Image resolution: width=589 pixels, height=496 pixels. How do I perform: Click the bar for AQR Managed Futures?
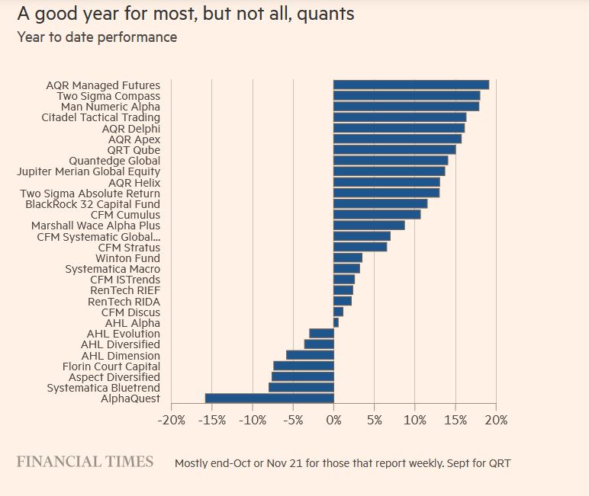point(410,85)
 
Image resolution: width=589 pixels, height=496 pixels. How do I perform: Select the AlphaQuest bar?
point(269,398)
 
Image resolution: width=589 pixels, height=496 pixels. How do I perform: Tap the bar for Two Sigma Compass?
point(407,96)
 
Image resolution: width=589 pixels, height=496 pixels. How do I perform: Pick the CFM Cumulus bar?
point(377,215)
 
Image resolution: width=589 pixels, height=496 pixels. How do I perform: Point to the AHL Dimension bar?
point(310,355)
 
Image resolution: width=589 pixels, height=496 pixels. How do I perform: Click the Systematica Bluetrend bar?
point(301,388)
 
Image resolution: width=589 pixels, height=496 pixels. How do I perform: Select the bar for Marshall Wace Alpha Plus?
point(369,226)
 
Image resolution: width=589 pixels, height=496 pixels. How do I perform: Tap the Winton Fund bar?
point(348,258)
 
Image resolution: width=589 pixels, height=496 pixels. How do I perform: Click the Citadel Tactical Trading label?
point(101,118)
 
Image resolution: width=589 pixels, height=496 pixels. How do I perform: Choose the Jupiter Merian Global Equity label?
point(89,172)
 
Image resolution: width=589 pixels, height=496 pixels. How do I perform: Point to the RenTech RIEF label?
point(125,290)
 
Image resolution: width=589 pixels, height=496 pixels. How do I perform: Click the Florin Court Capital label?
point(111,366)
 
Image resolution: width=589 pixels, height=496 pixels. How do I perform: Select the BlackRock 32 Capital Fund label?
point(93,204)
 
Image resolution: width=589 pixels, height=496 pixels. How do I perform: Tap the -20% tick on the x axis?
point(171,420)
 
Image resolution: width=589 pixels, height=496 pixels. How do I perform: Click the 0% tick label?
point(333,420)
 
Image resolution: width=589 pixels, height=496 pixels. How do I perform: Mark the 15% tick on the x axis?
point(455,420)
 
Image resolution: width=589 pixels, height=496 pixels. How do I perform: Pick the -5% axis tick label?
point(293,420)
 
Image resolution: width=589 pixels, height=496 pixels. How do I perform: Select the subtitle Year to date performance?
point(97,37)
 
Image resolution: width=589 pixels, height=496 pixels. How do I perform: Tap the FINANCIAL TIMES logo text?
point(85,462)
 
